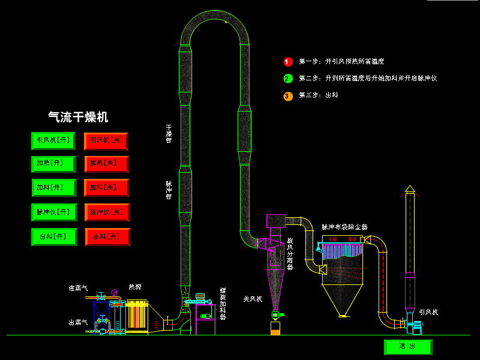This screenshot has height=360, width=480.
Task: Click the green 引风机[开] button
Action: click(x=53, y=140)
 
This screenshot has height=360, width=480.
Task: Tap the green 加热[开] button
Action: click(x=53, y=164)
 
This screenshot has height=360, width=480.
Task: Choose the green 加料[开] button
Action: click(x=53, y=187)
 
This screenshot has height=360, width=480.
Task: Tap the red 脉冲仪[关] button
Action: click(x=107, y=212)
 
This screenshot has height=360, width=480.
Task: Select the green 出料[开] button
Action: click(x=53, y=236)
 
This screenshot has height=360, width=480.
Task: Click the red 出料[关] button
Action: click(x=107, y=236)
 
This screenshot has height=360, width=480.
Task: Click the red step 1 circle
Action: click(x=288, y=62)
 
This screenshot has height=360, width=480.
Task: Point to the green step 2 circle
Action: click(x=288, y=79)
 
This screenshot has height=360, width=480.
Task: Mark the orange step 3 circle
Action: click(x=288, y=95)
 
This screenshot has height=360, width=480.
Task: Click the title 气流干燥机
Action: click(x=78, y=117)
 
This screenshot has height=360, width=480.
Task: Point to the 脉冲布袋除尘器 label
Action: click(x=344, y=227)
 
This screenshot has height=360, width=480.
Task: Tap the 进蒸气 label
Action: click(x=78, y=289)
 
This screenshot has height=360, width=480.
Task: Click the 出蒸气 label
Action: click(x=78, y=322)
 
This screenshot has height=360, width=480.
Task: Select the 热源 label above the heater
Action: click(x=135, y=287)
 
